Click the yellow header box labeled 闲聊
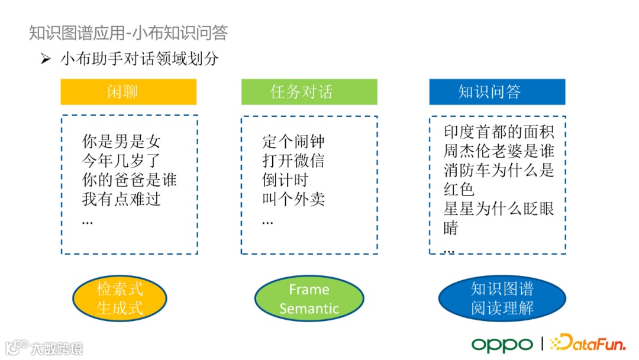tap(128, 92)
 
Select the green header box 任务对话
tap(309, 92)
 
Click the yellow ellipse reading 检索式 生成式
tap(120, 298)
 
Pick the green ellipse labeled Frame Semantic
tap(309, 298)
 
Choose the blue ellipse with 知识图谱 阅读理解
tap(502, 298)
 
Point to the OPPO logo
tap(502, 344)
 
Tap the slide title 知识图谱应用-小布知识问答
tap(128, 33)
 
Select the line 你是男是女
tap(121, 142)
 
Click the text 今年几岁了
tap(121, 161)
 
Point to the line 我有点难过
tap(121, 199)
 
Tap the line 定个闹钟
tap(293, 142)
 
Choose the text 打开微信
tap(293, 161)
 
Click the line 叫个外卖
tap(293, 199)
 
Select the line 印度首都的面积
tap(499, 131)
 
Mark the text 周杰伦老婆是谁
tap(499, 150)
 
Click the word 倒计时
tap(285, 180)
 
